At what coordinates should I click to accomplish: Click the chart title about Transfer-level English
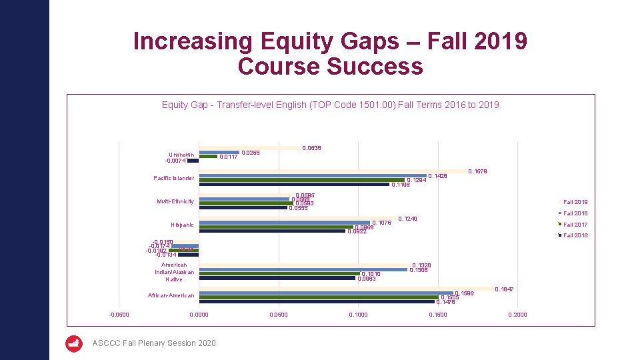330,105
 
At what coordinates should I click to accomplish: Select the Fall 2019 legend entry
575,202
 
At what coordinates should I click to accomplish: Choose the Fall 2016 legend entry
575,235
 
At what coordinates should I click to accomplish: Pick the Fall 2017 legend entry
575,225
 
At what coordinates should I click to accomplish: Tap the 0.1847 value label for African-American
504,289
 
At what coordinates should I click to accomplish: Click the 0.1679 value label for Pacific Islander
477,171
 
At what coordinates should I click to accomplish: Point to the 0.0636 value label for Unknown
311,148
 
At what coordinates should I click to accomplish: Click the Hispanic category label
182,225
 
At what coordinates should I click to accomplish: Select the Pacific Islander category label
173,178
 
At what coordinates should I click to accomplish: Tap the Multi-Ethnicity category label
175,201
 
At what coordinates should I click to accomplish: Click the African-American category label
171,295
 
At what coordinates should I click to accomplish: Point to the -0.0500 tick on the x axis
119,315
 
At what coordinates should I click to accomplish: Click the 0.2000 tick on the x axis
517,315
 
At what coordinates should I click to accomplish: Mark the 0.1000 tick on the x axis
358,315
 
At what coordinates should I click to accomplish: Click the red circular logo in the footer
74,343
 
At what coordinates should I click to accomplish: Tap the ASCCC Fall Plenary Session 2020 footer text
154,343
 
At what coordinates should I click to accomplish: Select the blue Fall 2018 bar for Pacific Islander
313,176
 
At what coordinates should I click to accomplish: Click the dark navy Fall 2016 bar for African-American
317,301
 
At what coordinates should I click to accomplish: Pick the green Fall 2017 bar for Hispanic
276,227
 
